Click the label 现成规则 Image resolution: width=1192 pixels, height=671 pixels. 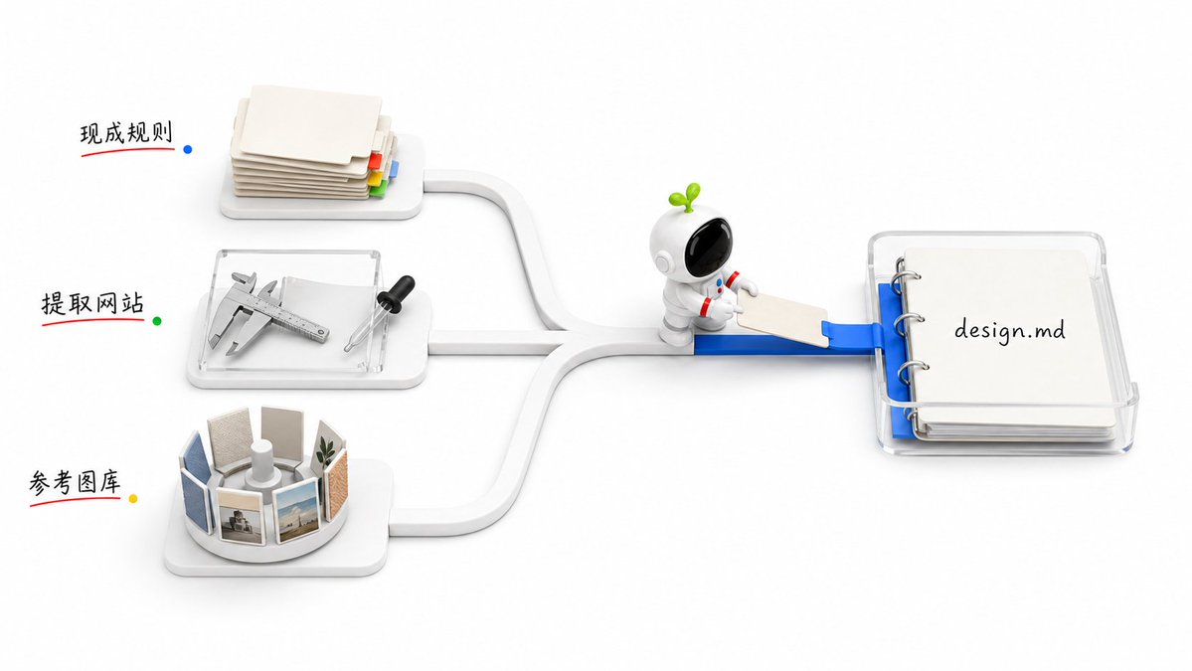(126, 133)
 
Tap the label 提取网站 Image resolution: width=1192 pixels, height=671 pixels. (92, 303)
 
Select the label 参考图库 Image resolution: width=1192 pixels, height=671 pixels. (75, 482)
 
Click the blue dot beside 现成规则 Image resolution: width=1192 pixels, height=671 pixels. (188, 149)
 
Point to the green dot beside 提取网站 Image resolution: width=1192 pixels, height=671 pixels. (157, 321)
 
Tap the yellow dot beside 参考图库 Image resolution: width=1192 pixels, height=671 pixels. (133, 498)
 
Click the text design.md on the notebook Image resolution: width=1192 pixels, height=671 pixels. (1009, 330)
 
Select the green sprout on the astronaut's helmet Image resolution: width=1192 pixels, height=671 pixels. (685, 196)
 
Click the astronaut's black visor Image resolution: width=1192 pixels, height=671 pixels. (708, 247)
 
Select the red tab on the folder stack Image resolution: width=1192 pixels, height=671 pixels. (374, 160)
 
